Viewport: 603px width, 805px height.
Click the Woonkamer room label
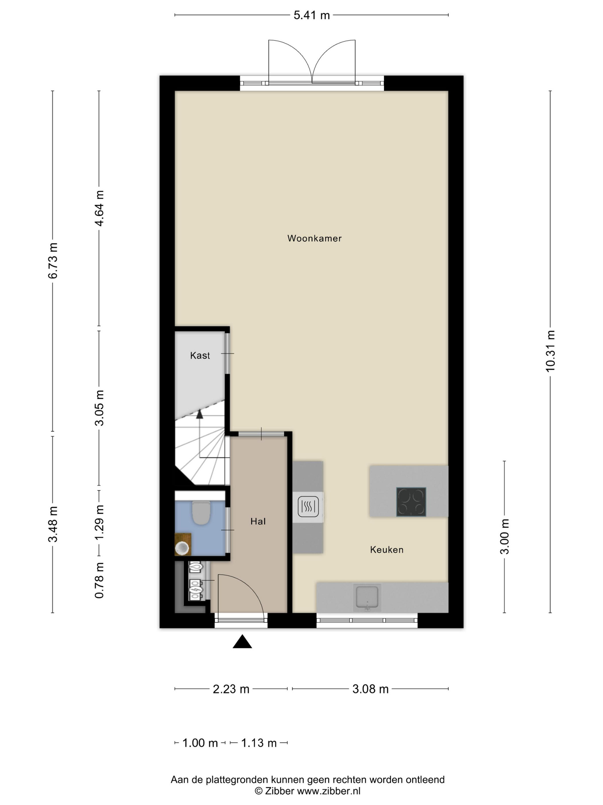pos(314,238)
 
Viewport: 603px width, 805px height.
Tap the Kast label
pos(200,356)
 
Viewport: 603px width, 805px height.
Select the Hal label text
pos(258,522)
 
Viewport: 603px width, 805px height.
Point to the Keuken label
pos(387,549)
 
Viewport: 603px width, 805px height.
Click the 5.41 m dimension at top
pos(312,15)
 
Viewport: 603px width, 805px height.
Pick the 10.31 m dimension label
pos(550,351)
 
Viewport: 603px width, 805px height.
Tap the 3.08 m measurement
pos(370,689)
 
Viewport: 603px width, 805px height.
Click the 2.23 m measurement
pos(231,689)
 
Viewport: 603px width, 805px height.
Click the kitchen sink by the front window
pos(367,598)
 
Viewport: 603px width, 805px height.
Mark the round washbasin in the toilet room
pos(182,548)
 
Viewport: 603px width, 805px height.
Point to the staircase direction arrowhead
pos(199,413)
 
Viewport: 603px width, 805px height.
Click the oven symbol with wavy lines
pos(308,507)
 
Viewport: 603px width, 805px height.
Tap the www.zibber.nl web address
pos(328,791)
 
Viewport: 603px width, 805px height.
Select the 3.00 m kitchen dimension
pos(505,536)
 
